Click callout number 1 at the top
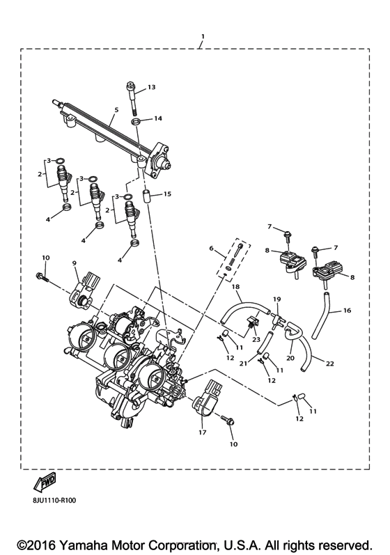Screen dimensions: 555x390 [202, 36]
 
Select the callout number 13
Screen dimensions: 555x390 [152, 88]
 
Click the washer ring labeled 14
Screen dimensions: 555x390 [137, 123]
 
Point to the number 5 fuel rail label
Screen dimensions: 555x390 [116, 110]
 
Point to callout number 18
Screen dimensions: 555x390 [235, 286]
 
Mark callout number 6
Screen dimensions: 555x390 [210, 249]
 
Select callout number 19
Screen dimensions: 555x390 [276, 299]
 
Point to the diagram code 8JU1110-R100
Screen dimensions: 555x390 [51, 499]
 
